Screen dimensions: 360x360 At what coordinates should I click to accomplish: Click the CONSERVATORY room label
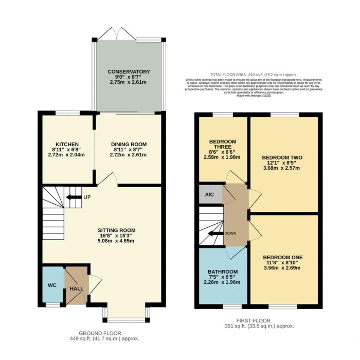click(129, 71)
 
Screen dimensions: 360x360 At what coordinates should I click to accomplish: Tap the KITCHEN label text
click(67, 144)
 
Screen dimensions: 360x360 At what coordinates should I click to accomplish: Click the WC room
click(52, 284)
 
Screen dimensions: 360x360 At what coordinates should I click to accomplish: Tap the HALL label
click(76, 289)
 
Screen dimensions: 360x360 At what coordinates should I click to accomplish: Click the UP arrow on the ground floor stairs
click(74, 197)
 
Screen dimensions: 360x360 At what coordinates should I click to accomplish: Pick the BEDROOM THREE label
click(222, 143)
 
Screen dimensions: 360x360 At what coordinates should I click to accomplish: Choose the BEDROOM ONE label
click(282, 257)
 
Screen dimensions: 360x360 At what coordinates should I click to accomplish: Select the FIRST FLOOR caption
click(257, 320)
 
